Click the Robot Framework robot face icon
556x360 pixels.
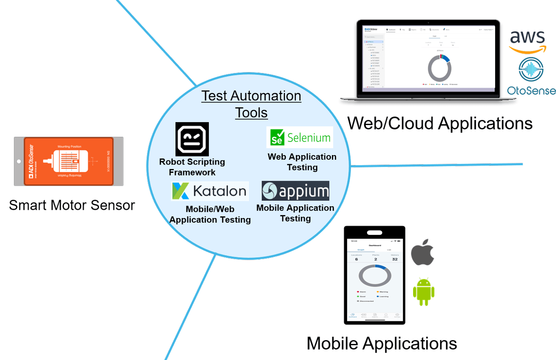coord(192,139)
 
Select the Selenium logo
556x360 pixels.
coord(300,138)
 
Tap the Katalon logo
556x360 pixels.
coord(210,191)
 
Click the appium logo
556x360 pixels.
coord(295,191)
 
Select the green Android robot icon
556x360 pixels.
coord(424,291)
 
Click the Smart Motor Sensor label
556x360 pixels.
coord(72,205)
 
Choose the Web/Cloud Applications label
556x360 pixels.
coord(440,123)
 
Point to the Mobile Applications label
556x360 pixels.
coord(381,343)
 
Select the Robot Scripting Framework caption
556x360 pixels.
coord(192,167)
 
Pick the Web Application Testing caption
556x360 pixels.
coord(302,162)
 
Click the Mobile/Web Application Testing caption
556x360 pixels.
coord(210,215)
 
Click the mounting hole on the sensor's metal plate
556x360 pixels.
coord(18,162)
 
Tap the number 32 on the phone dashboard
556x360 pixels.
coord(394,259)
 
